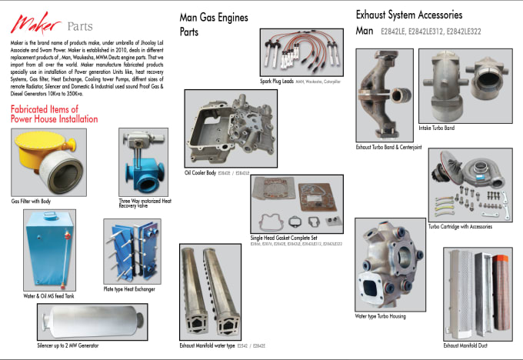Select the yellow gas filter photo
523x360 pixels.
(48, 162)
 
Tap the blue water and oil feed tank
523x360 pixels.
(49, 249)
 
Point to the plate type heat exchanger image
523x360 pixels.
(132, 252)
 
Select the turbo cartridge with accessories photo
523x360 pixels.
(469, 185)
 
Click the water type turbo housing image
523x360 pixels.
(391, 264)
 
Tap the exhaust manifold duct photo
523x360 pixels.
(478, 295)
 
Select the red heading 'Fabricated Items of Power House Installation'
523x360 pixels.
(55, 114)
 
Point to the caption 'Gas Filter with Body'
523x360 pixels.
(31, 201)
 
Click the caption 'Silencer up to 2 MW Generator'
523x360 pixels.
(68, 345)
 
